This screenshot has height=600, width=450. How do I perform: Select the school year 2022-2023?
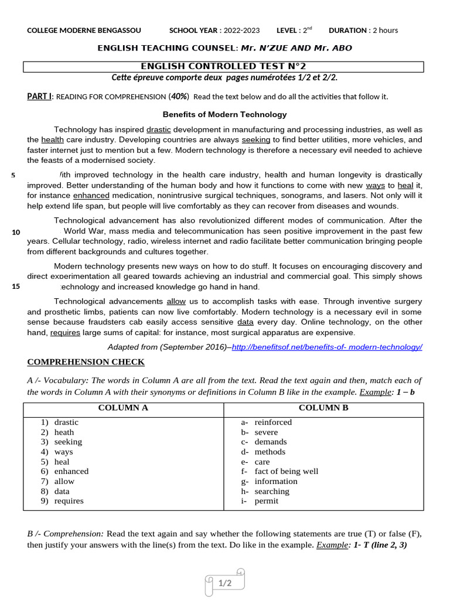click(x=244, y=30)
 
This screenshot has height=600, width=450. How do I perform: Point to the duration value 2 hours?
click(x=385, y=30)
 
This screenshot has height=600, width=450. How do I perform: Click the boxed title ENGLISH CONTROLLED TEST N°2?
click(x=224, y=67)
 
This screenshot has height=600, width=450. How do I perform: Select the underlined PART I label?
click(x=39, y=96)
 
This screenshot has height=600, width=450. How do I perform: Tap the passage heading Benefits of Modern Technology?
click(x=224, y=114)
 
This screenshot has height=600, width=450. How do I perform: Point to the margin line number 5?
click(x=13, y=175)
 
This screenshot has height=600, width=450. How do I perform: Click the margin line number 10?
click(x=16, y=233)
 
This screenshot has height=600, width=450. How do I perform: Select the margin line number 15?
click(x=16, y=287)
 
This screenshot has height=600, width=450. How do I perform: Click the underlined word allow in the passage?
click(x=176, y=301)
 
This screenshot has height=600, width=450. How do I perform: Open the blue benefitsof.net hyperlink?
click(x=327, y=347)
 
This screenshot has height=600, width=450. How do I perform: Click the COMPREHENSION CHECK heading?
click(x=86, y=362)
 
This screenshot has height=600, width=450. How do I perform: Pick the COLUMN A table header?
click(x=123, y=408)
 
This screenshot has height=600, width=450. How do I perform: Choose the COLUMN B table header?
click(x=323, y=408)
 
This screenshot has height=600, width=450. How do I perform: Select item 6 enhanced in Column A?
click(x=71, y=471)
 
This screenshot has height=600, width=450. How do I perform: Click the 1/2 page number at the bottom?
click(x=225, y=583)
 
